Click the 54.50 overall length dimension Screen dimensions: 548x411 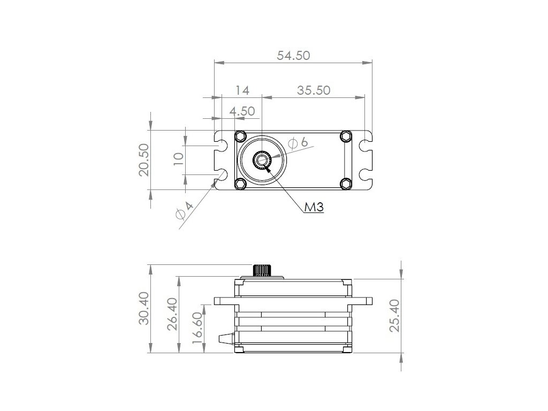(293, 56)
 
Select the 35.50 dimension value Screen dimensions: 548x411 (314, 90)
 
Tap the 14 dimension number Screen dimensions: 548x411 (242, 90)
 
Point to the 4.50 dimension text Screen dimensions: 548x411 (242, 111)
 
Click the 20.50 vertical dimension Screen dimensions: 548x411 (144, 159)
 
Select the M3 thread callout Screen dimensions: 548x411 (314, 207)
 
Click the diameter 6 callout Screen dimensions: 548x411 (298, 142)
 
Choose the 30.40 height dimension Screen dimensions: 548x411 (144, 309)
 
